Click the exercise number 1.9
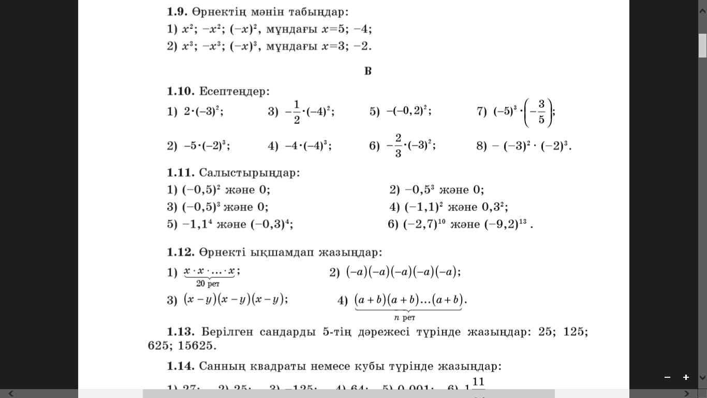178,11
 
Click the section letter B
368,71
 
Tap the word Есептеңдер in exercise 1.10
234,92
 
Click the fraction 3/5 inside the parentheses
541,112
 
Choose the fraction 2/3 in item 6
398,146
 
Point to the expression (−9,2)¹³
505,224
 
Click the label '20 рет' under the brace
208,283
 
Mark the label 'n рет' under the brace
405,317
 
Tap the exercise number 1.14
180,366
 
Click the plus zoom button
686,377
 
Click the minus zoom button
667,377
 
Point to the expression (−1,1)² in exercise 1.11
424,207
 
